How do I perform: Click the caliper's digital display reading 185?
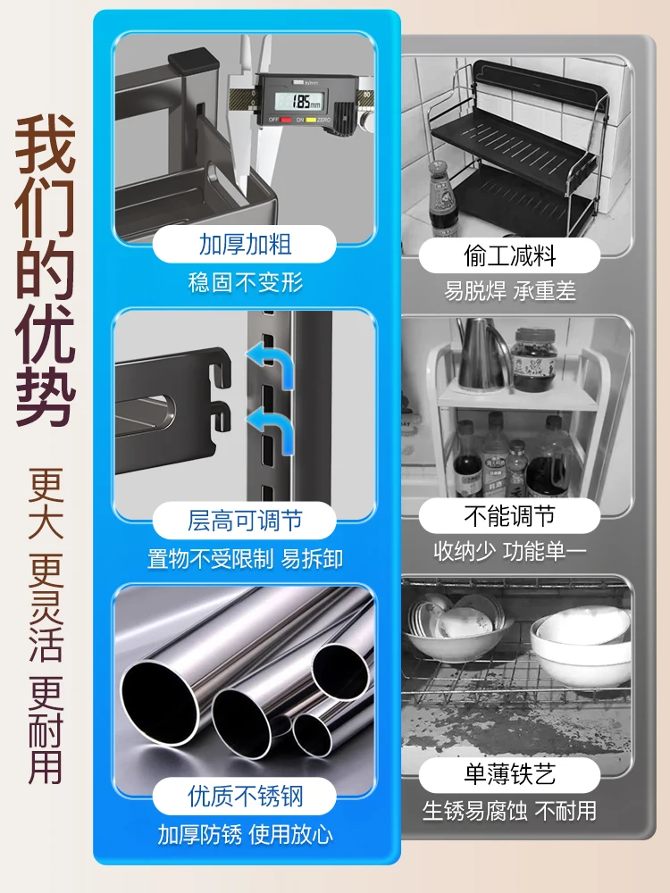pyautogui.click(x=299, y=102)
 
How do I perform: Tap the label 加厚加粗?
pyautogui.click(x=245, y=245)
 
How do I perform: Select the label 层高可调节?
pyautogui.click(x=245, y=521)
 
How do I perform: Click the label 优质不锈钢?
pyautogui.click(x=245, y=797)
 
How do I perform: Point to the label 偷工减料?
pyautogui.click(x=510, y=255)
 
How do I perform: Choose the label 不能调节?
pyautogui.click(x=510, y=516)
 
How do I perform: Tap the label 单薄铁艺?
pyautogui.click(x=510, y=774)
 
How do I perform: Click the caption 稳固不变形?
pyautogui.click(x=245, y=282)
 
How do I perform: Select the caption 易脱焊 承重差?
pyautogui.click(x=510, y=291)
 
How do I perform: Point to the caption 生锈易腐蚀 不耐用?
pyautogui.click(x=509, y=811)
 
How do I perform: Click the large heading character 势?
pyautogui.click(x=45, y=396)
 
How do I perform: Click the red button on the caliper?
pyautogui.click(x=286, y=120)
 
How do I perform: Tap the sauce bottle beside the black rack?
pyautogui.click(x=443, y=199)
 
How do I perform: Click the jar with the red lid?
pyautogui.click(x=533, y=359)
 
